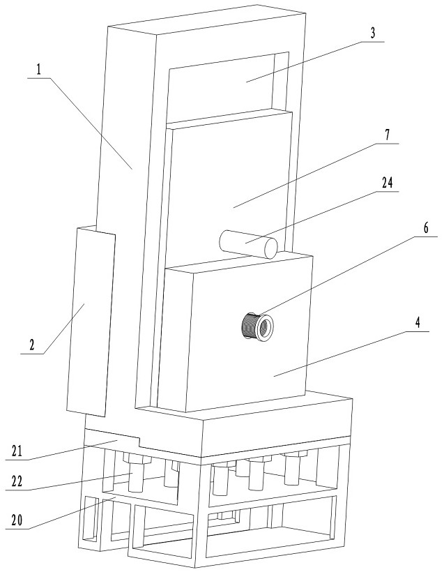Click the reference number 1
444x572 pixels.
coord(39,69)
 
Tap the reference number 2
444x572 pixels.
coord(33,345)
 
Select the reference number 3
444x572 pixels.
coord(372,33)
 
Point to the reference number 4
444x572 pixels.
coord(418,323)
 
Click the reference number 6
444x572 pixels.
coord(426,228)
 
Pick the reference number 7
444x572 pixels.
coord(387,135)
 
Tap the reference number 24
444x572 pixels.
coord(387,182)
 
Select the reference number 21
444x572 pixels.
coord(17,451)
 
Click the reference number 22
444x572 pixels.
coord(17,482)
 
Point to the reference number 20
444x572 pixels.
coord(17,520)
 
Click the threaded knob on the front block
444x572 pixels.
coord(258,326)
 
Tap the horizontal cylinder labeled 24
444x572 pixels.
coord(248,243)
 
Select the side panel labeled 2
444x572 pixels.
coord(91,321)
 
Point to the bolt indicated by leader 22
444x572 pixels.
coord(136,474)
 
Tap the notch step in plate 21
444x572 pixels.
coord(140,442)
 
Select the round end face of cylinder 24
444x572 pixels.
coord(271,248)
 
